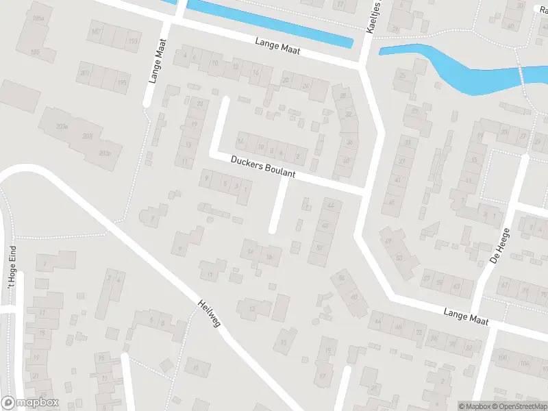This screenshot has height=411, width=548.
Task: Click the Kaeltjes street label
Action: (x=372, y=16)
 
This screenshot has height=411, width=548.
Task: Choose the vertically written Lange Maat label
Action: (x=157, y=60)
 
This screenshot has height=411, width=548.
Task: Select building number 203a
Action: (x=62, y=127)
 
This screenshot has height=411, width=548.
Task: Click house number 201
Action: (x=84, y=73)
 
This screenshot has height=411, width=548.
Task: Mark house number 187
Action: (x=95, y=32)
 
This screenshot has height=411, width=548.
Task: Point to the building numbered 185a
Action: (x=38, y=18)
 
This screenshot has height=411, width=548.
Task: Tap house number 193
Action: (x=133, y=42)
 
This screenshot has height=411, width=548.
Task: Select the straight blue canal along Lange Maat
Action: (x=269, y=23)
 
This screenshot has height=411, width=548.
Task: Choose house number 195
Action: (x=123, y=83)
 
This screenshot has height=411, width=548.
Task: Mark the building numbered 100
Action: (x=503, y=358)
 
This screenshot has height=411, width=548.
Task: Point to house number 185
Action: (x=34, y=51)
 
